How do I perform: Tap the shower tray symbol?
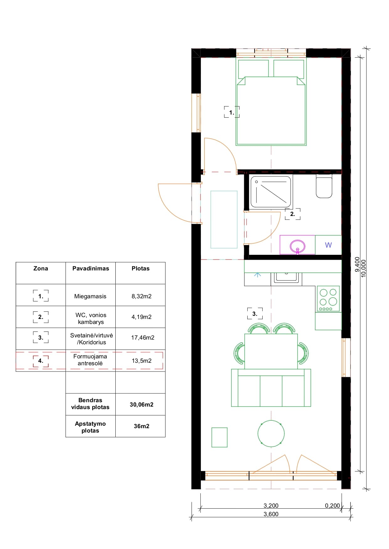(271, 192)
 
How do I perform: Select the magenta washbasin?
(297, 245)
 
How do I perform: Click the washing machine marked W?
(328, 245)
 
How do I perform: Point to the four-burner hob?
(328, 299)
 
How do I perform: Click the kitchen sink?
(286, 278)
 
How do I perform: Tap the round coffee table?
(271, 434)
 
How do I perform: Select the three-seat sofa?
(271, 388)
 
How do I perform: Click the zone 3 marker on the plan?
(255, 314)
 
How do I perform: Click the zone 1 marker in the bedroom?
(231, 112)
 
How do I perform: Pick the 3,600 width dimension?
(271, 514)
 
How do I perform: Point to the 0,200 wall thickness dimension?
(332, 505)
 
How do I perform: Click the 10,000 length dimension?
(364, 269)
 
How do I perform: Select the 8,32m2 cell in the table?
(141, 296)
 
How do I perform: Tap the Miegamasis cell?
(90, 296)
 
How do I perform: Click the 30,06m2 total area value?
(141, 404)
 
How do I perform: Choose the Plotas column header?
(140, 269)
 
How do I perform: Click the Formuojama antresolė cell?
(90, 360)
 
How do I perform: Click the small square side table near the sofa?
(219, 437)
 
